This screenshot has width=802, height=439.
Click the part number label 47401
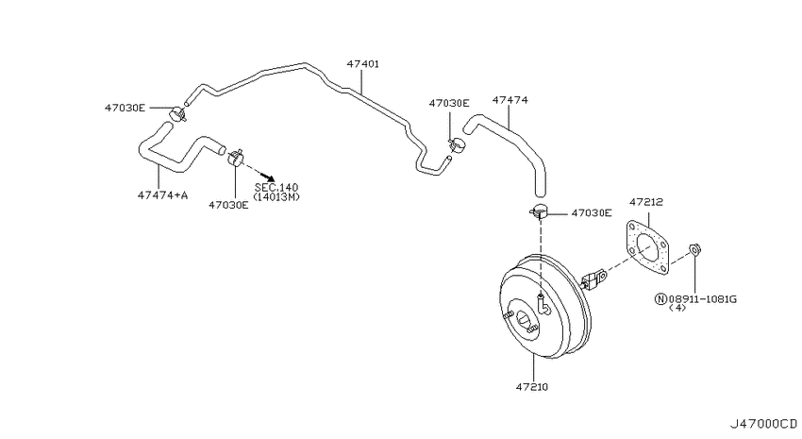[362, 64]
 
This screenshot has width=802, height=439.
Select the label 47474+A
[162, 194]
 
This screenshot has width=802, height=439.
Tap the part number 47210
[531, 387]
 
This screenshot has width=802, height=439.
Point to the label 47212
[646, 202]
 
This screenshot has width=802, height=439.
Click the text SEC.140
[276, 188]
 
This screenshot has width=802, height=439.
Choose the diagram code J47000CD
[763, 424]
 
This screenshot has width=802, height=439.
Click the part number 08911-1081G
[702, 299]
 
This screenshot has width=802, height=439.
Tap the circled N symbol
[660, 299]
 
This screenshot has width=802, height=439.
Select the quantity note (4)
[677, 308]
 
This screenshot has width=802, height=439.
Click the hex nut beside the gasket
[694, 249]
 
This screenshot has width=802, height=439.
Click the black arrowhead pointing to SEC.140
[269, 176]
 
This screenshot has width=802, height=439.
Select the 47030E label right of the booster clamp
[592, 212]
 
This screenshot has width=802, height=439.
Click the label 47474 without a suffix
[510, 100]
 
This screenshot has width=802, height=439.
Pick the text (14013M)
[276, 197]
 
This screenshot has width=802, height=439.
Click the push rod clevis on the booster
[593, 279]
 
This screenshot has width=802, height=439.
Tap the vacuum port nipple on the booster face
[543, 304]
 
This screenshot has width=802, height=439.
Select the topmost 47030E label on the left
[125, 108]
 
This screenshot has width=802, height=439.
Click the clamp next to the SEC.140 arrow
[235, 158]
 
